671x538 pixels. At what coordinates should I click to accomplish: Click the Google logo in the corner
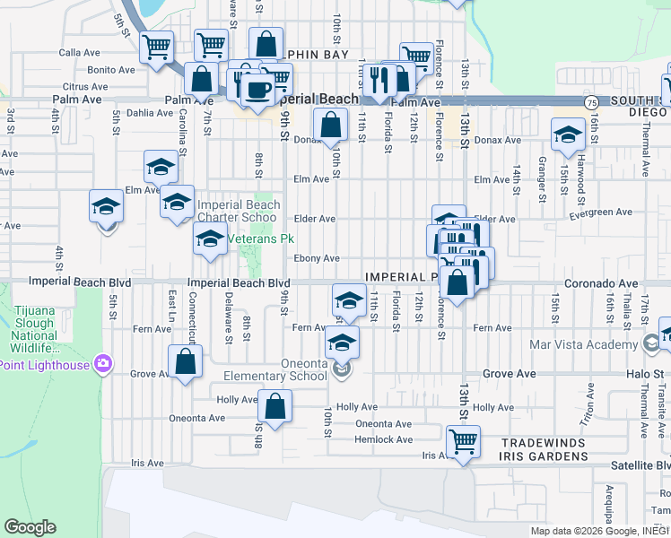pyautogui.click(x=30, y=527)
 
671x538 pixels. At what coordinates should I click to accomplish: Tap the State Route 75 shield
pyautogui.click(x=591, y=104)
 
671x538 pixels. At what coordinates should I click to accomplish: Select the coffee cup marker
pyautogui.click(x=258, y=91)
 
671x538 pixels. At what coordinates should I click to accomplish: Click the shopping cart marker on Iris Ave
pyautogui.click(x=463, y=441)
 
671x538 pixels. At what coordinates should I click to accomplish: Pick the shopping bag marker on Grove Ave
pyautogui.click(x=186, y=362)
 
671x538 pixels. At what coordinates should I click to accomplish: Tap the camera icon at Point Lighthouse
pyautogui.click(x=104, y=364)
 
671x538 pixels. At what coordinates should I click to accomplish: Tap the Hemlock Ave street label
pyautogui.click(x=383, y=439)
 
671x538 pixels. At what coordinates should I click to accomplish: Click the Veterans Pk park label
pyautogui.click(x=260, y=240)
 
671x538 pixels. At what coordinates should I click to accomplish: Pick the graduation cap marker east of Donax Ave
pyautogui.click(x=567, y=135)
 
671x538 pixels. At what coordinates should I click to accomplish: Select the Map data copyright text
pyautogui.click(x=598, y=530)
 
